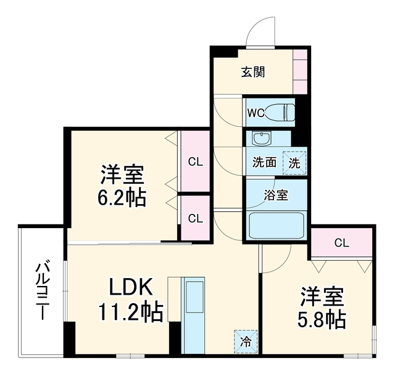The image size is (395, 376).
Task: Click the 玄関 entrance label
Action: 253,72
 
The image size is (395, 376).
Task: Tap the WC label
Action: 256,113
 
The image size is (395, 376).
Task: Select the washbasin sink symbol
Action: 262,139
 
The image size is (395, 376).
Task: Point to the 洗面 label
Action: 265,162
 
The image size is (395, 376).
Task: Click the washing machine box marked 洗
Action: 294,163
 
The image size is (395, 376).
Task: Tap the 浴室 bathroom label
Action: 276,195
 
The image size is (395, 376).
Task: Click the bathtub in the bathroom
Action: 276,226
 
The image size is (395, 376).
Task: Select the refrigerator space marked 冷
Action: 246,341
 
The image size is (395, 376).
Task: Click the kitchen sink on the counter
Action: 194,297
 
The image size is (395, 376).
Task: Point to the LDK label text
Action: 131,287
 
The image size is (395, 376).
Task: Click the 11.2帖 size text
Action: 131,312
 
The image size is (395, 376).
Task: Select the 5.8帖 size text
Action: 322,319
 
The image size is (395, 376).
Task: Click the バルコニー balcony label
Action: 41,291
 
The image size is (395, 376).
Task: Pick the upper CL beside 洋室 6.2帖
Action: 196,162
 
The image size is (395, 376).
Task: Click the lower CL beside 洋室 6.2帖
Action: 196,218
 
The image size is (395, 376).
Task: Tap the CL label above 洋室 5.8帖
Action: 341,243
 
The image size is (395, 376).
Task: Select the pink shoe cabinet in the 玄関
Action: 300,72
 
